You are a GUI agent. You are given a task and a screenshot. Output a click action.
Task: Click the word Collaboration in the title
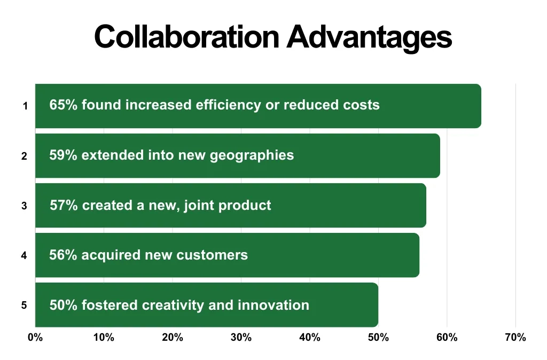(x=186, y=37)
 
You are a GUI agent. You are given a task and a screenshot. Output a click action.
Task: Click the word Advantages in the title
(x=369, y=37)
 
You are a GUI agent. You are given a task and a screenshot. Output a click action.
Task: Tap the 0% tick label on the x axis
(x=35, y=338)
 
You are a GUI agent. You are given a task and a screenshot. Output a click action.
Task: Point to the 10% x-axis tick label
(x=104, y=338)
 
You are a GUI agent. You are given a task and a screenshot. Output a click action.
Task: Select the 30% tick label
(x=241, y=338)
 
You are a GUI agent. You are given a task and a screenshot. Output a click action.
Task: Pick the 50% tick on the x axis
(x=378, y=338)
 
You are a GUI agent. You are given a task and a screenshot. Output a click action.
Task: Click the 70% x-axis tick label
(x=515, y=338)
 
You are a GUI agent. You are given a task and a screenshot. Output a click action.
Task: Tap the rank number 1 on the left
(x=25, y=106)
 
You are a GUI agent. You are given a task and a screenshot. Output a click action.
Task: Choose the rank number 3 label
(x=25, y=206)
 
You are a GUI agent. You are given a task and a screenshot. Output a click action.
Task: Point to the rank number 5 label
(x=25, y=306)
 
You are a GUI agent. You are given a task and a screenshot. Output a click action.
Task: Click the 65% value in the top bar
(x=64, y=105)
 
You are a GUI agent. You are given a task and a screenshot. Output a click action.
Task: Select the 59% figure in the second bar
(x=64, y=155)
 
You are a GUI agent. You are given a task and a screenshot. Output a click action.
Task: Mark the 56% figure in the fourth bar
(x=64, y=255)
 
